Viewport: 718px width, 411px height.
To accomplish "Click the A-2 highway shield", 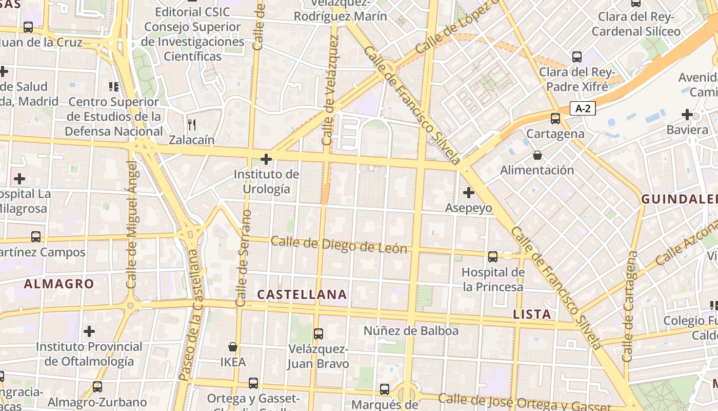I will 582,108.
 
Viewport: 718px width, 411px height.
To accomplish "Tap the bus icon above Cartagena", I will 555,119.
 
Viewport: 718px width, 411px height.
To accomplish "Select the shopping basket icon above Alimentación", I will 537,155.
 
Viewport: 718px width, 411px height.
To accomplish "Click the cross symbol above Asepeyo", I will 468,193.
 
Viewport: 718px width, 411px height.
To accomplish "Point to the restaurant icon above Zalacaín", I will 191,124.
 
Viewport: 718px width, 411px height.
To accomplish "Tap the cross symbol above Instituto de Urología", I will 266,159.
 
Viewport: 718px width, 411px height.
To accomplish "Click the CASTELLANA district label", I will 302,294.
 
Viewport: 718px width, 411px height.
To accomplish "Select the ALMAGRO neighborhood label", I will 59,284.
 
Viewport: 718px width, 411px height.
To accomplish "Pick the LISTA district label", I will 532,314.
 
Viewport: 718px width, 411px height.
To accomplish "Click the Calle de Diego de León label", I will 339,245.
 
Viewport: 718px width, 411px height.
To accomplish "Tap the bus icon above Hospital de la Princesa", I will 492,256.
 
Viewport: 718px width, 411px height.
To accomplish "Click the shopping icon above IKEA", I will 233,347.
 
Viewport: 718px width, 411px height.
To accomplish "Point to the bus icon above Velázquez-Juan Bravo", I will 318,334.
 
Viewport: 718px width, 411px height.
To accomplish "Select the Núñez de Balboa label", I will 411,331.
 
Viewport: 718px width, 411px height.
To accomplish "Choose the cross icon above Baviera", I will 687,114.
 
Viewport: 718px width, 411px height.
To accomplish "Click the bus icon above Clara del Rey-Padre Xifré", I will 577,57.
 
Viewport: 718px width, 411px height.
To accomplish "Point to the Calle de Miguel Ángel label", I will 132,225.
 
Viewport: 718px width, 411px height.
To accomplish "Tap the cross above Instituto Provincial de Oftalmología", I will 89,331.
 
